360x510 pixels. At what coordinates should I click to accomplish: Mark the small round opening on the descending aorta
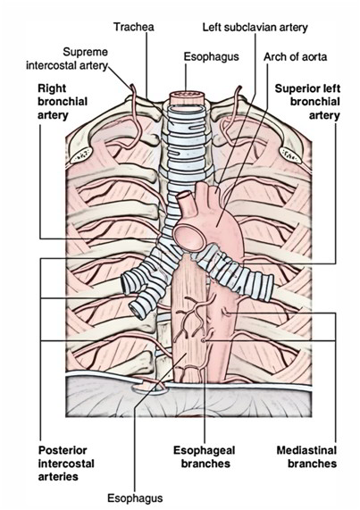pyautogui.click(x=205, y=340)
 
